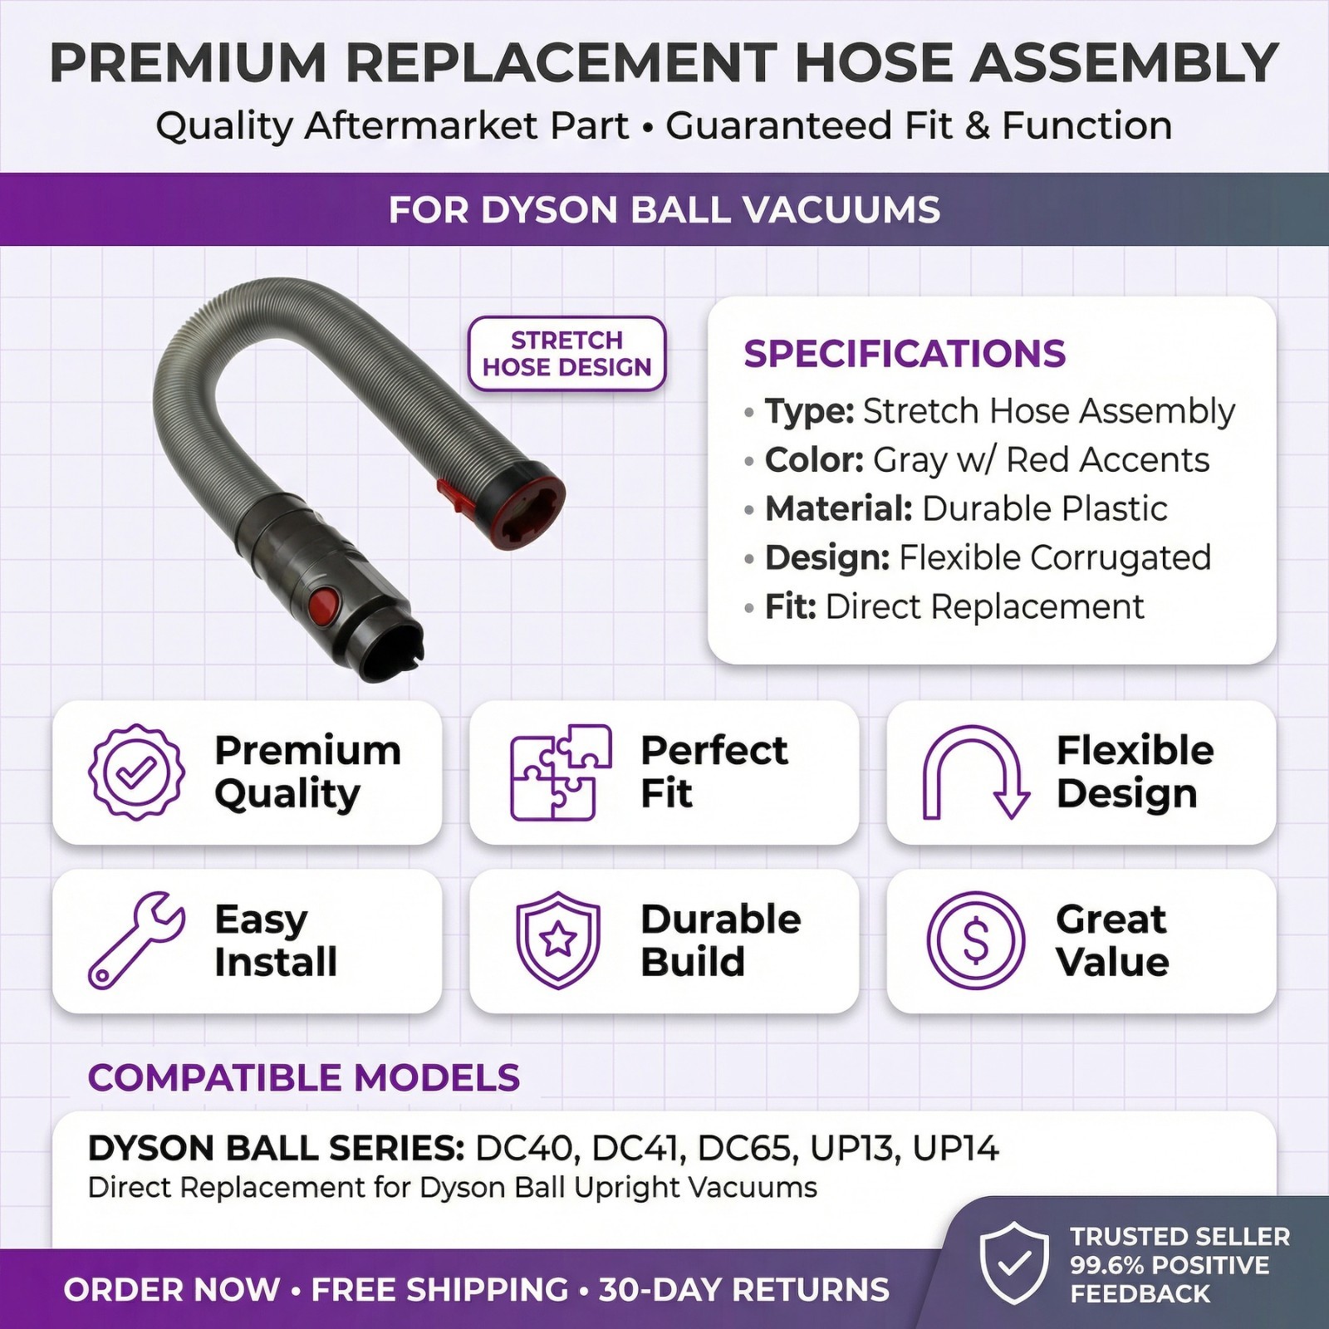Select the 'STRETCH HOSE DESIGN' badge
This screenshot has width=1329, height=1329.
click(567, 354)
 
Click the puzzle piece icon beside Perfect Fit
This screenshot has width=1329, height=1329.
click(561, 772)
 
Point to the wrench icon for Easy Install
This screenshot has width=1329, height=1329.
click(136, 940)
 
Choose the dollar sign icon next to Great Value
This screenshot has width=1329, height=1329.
click(976, 940)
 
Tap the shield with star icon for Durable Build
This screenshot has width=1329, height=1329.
click(558, 940)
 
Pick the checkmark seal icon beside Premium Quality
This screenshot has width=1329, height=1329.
click(136, 772)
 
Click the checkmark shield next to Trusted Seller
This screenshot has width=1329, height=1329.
click(1014, 1264)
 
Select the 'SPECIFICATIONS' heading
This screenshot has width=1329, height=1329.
click(905, 354)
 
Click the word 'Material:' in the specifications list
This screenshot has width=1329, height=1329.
click(839, 508)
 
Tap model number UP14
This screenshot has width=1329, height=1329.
click(955, 1148)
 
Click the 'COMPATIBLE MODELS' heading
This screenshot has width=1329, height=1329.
click(304, 1077)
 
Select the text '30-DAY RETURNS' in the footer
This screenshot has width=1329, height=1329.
click(744, 1289)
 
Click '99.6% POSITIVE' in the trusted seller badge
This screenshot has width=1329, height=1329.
click(1170, 1265)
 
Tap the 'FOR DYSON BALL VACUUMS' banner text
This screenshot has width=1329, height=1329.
click(664, 209)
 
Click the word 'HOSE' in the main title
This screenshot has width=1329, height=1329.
click(865, 63)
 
